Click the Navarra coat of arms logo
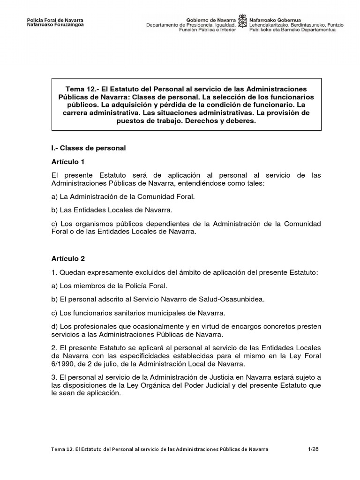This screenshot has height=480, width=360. coord(242,22)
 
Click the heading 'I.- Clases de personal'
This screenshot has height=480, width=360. coord(88,148)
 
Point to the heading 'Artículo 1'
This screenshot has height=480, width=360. coord(67,162)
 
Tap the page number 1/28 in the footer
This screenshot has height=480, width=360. coord(313,449)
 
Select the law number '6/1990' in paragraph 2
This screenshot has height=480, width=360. coord(63,363)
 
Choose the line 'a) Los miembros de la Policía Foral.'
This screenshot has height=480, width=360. coord(109,285)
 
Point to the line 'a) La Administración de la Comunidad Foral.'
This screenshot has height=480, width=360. coord(122,197)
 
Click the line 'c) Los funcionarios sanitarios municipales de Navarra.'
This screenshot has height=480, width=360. coord(138,313)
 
